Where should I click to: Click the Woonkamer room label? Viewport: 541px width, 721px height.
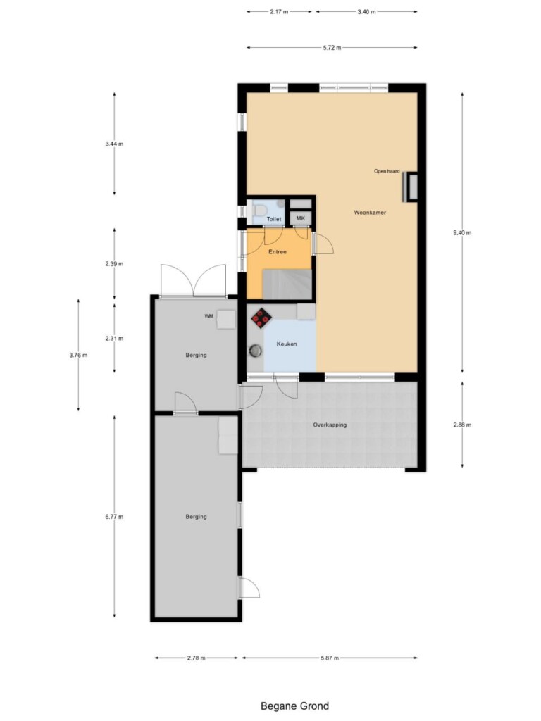370,213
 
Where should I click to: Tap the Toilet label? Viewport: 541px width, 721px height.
274,220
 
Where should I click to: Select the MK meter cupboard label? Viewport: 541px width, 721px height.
300,218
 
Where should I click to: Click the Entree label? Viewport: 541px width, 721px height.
278,252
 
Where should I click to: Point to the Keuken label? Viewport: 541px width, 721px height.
287,344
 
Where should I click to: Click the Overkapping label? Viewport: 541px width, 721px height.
330,425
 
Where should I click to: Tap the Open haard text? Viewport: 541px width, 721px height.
387,171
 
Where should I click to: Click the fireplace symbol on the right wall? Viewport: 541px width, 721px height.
410,187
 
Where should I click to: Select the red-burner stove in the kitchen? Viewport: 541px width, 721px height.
261,318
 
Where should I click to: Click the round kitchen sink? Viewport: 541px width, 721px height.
255,351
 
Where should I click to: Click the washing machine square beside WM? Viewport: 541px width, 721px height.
226,320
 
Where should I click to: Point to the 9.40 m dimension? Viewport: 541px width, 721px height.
462,232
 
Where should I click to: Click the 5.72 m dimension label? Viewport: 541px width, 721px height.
332,47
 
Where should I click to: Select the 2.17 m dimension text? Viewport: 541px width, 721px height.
279,11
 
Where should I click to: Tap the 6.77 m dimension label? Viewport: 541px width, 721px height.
114,517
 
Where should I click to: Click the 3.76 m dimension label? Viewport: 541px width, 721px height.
78,355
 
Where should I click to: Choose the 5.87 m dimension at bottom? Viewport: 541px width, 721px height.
330,658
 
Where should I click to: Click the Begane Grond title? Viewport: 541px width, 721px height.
295,706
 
